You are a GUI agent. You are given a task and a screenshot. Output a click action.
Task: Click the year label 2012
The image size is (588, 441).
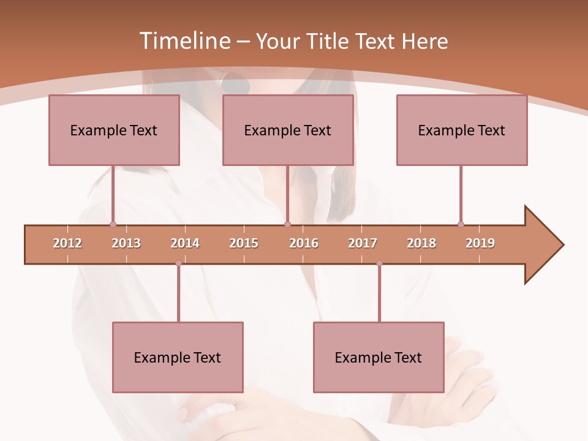[67, 243]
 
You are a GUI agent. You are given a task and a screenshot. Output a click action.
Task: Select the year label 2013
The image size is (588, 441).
[126, 243]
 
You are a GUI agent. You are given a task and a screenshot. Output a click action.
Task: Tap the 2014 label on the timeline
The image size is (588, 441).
[185, 243]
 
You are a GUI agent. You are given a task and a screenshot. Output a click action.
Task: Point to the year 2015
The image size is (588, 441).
[244, 243]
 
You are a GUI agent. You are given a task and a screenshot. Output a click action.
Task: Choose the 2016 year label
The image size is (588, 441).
[304, 243]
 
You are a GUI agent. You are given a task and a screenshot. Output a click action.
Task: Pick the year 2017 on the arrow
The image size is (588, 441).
[363, 243]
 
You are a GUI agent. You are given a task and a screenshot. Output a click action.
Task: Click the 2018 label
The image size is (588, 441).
[421, 243]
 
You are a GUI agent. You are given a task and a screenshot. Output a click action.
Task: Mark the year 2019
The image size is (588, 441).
[480, 243]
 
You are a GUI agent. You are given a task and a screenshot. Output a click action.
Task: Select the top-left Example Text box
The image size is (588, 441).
[114, 130]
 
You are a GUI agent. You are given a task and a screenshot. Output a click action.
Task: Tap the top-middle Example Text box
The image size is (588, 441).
[288, 130]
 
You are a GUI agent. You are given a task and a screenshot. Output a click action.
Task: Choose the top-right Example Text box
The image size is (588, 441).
[462, 130]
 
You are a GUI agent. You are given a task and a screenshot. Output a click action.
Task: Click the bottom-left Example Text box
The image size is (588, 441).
[178, 358]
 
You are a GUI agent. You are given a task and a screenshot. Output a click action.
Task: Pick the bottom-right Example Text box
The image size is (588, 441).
[379, 358]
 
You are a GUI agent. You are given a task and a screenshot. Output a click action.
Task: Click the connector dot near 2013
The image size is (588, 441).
[113, 224]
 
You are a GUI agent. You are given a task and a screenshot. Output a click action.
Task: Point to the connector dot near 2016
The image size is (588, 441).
[288, 224]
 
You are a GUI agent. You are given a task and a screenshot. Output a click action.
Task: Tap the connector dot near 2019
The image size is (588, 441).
[461, 224]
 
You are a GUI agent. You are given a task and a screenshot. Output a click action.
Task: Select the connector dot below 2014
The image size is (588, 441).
[178, 263]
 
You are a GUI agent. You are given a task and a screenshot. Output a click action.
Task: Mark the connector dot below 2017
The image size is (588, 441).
[379, 263]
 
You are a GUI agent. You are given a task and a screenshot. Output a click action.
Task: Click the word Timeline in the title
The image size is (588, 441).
[184, 41]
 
